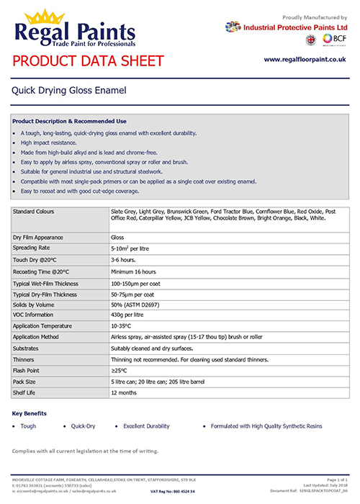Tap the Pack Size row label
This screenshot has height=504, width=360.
point(27,382)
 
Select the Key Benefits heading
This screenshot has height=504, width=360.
point(30,413)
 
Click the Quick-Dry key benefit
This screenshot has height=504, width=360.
point(84,426)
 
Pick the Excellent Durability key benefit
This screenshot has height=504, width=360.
point(150,426)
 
